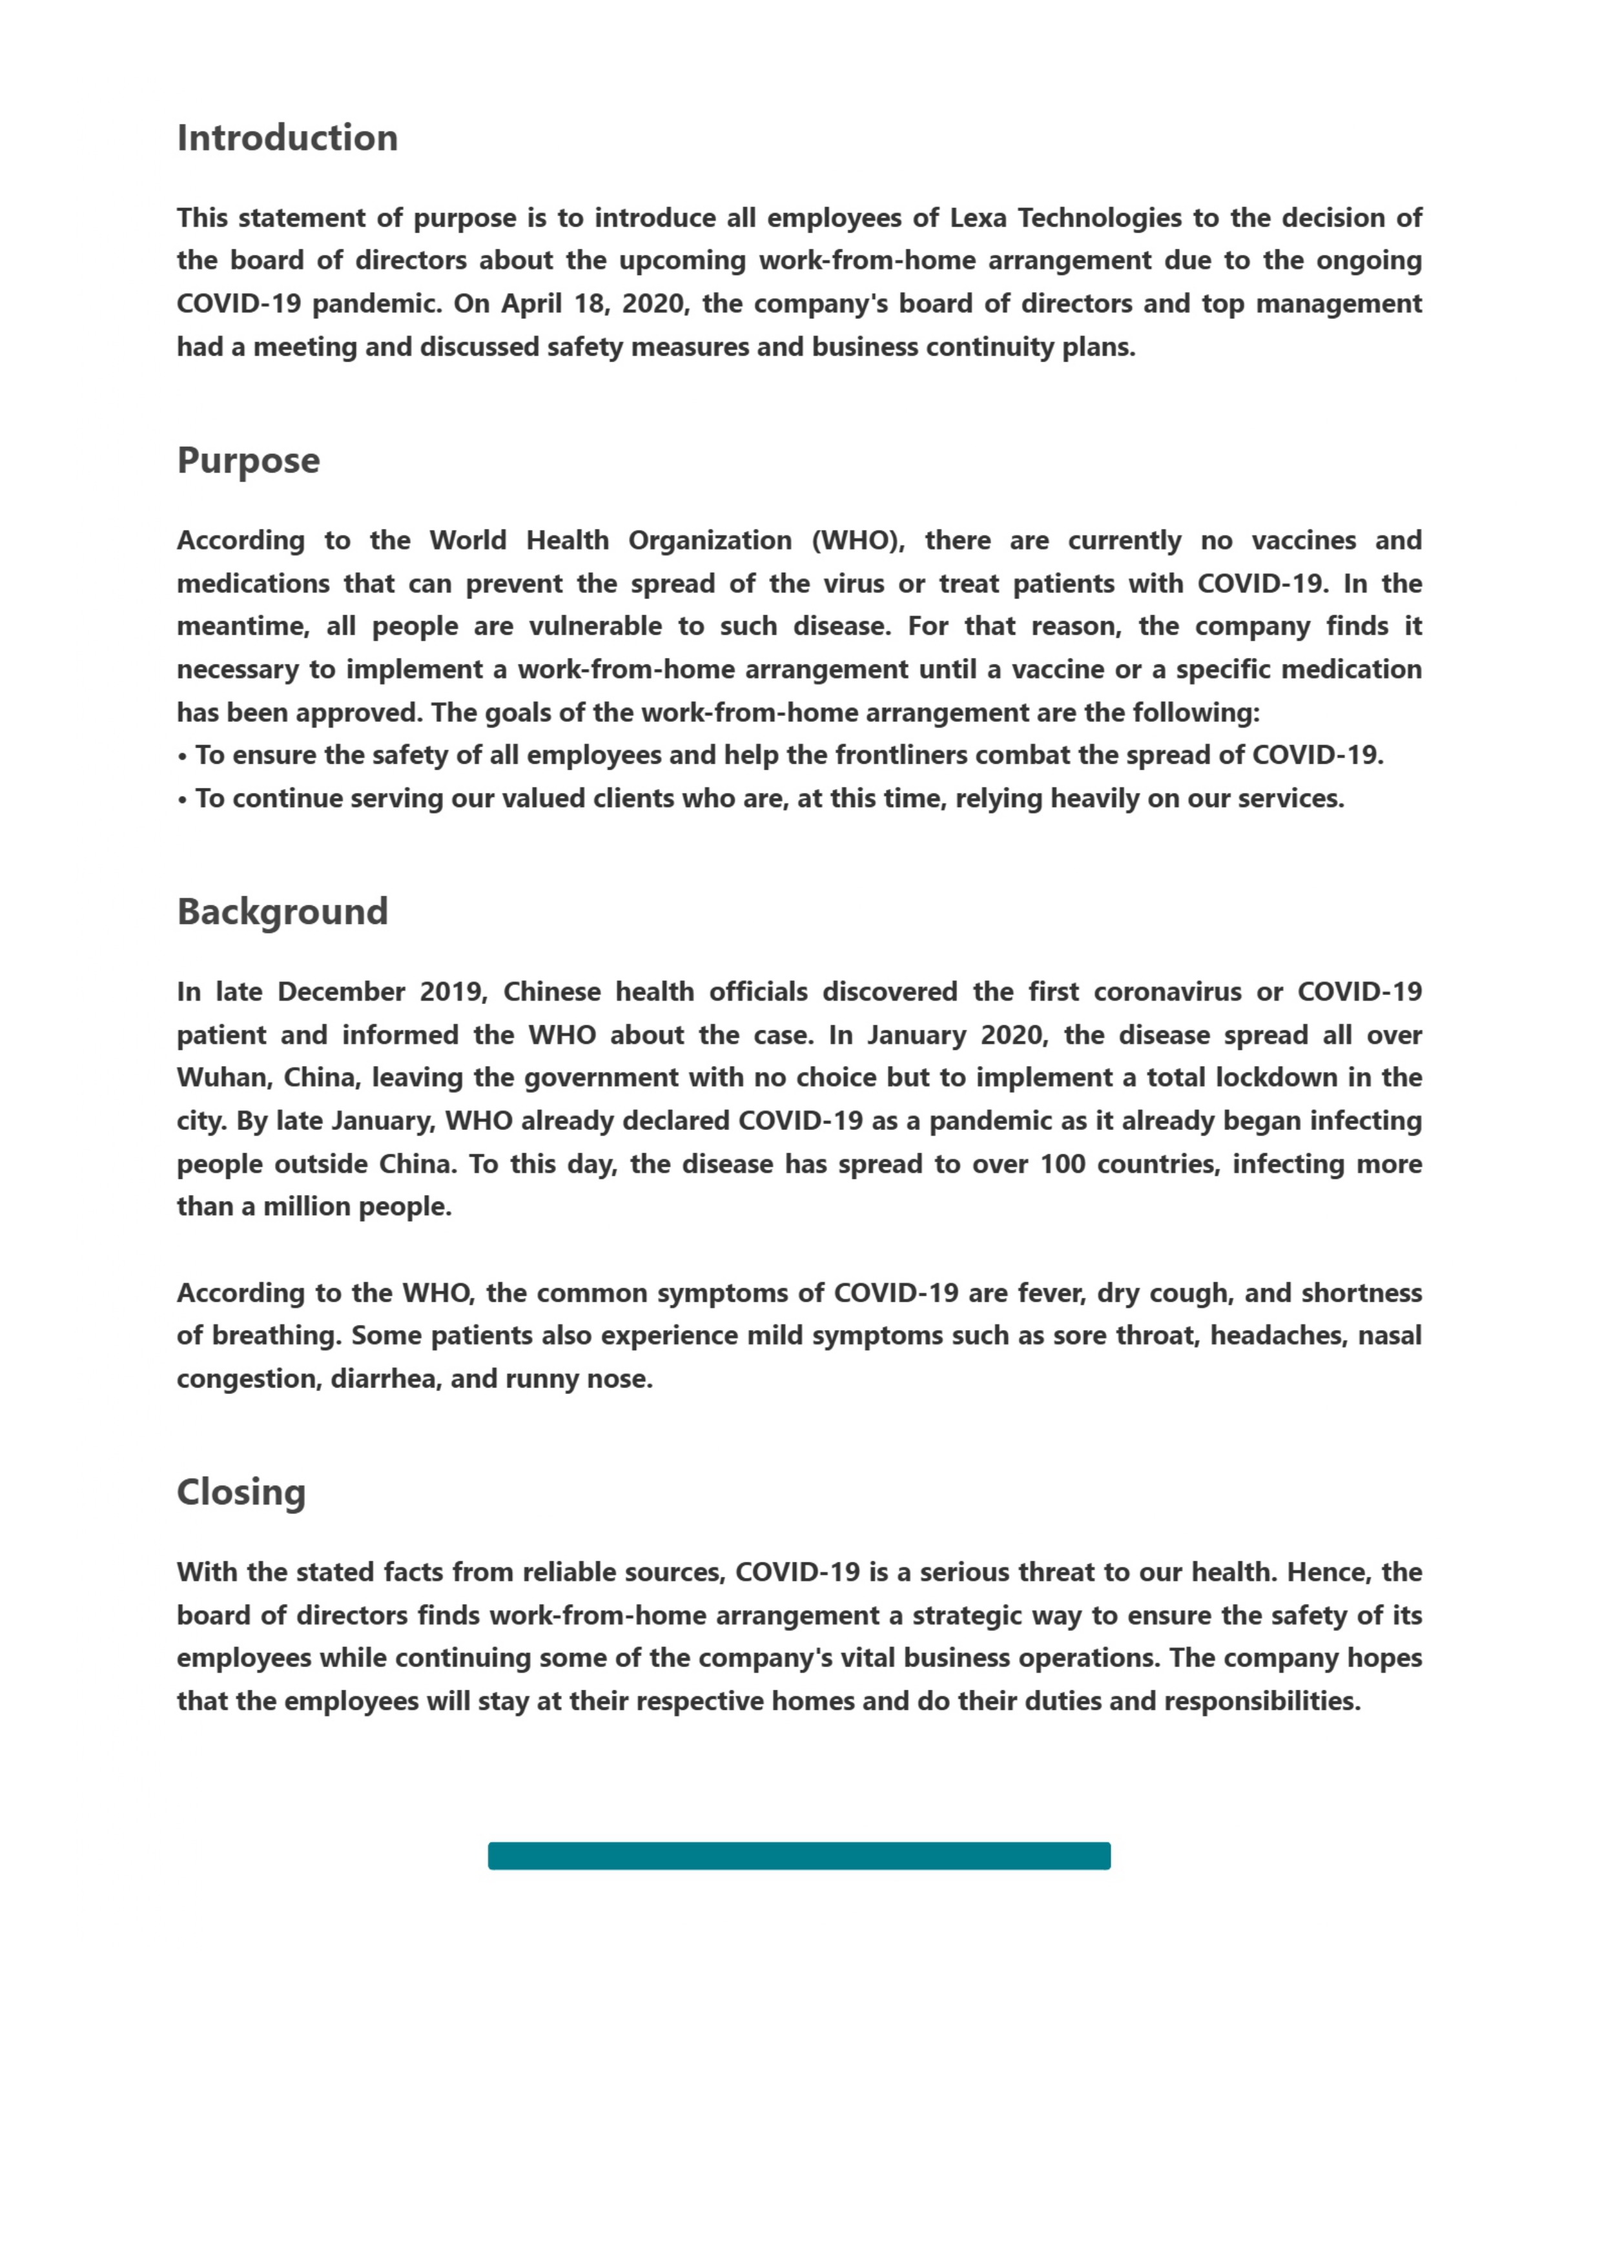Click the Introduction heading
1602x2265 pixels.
point(287,138)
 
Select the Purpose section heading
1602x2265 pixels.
point(249,461)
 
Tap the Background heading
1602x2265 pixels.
point(282,912)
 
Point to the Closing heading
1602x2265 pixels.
point(241,1491)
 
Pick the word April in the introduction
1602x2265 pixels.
point(531,304)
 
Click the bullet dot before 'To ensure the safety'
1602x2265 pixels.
point(183,757)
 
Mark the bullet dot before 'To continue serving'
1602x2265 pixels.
point(183,800)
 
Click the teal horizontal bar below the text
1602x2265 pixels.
point(799,1856)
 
